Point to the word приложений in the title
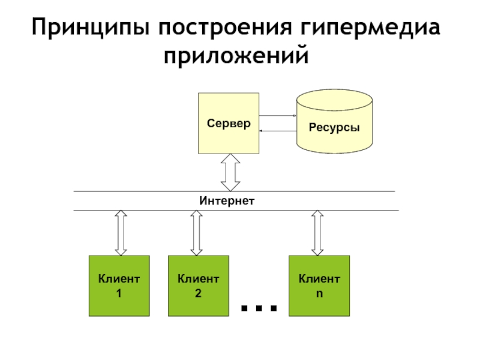[x=236, y=55]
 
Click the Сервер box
[x=229, y=124]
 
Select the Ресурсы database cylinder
[x=334, y=122]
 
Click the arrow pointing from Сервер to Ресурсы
[x=278, y=116]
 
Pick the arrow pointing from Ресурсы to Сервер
[x=278, y=131]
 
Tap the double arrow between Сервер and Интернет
[x=230, y=173]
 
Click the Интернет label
[x=227, y=201]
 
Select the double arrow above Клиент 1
[x=121, y=233]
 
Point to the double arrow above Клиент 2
[x=197, y=233]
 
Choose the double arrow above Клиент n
[x=317, y=233]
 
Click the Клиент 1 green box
[x=119, y=286]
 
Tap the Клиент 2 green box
[x=199, y=286]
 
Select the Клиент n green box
[x=319, y=286]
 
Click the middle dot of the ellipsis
[x=259, y=308]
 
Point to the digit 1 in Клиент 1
[x=119, y=293]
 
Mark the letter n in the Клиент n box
[x=319, y=294]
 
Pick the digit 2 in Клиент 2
[x=198, y=293]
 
